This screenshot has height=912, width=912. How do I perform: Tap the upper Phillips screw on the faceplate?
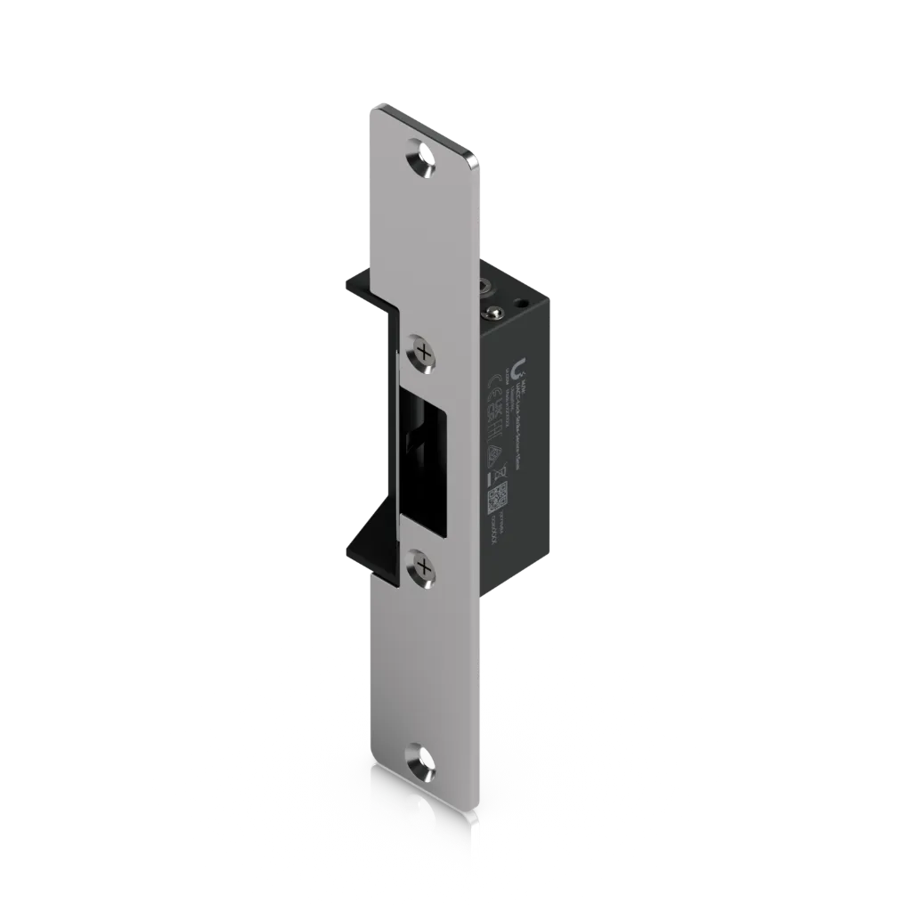point(424,354)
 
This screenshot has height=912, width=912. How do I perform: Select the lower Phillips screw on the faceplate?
point(424,566)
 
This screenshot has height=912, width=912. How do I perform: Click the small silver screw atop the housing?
point(490,311)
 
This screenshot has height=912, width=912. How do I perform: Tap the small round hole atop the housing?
point(519,304)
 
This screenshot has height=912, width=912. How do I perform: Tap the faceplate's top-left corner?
point(371,110)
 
